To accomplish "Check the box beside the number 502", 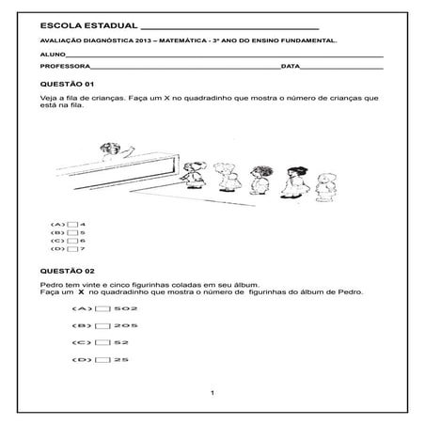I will click(102, 308).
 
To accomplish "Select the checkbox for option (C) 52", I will click(102, 343).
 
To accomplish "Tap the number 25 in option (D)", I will click(121, 360).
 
